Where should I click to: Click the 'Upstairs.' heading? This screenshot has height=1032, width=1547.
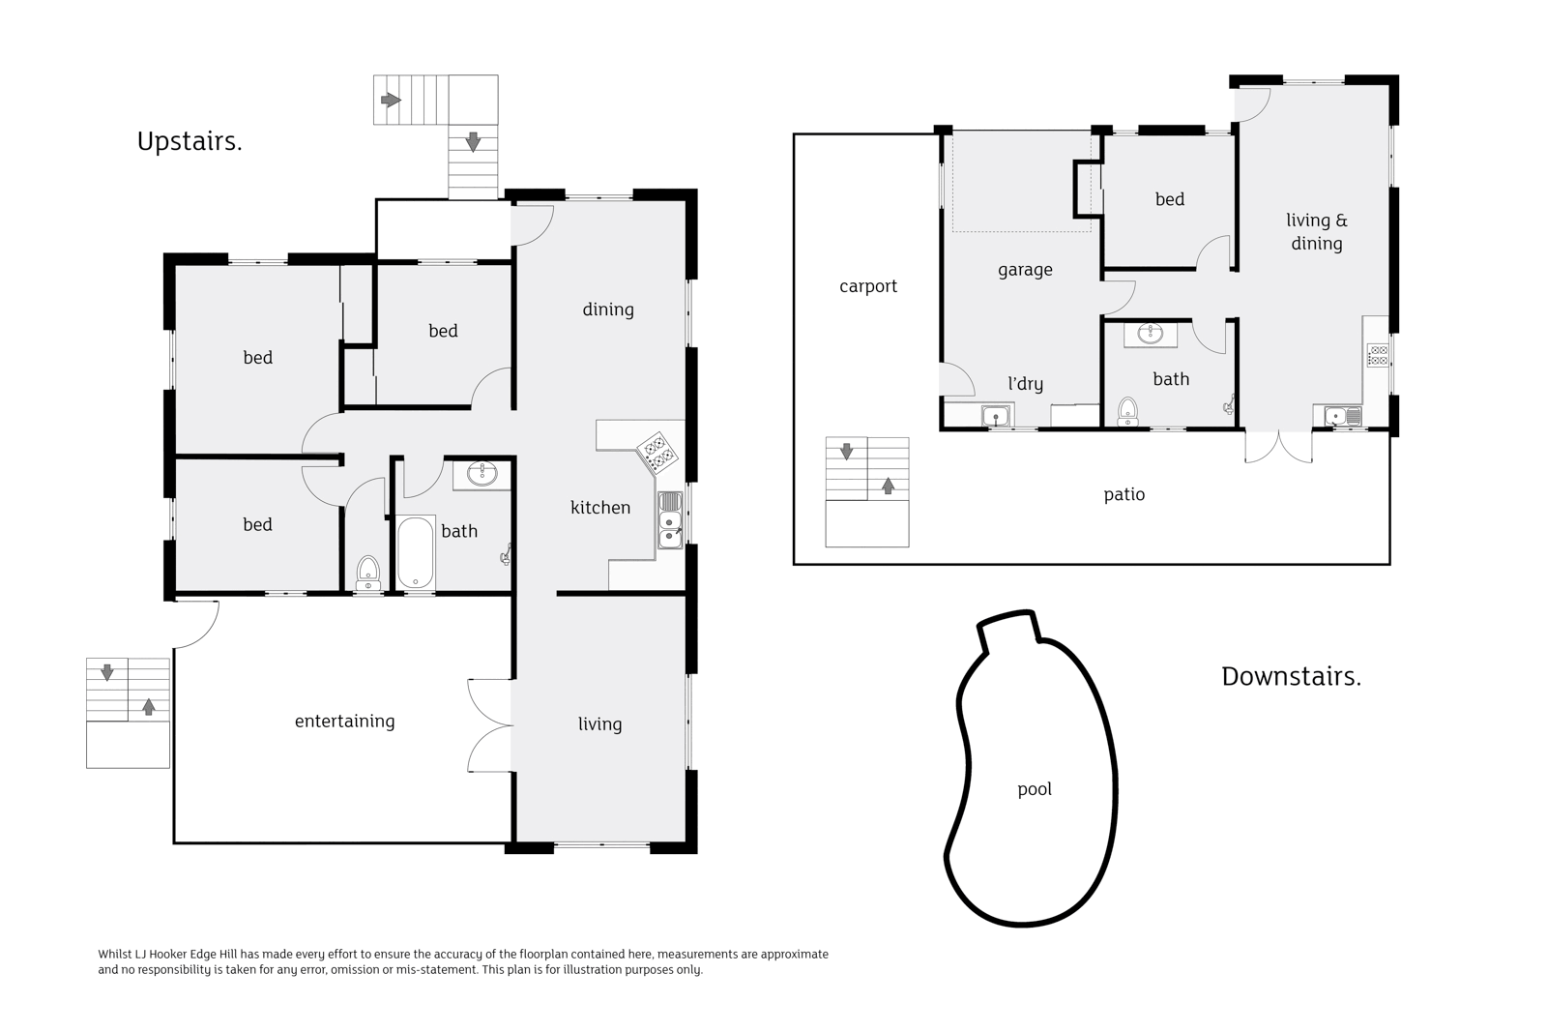coord(190,142)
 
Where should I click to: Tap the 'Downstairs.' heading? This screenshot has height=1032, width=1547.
coord(1291,676)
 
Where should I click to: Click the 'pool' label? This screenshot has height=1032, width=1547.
coord(1034,789)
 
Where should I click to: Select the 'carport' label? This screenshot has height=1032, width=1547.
coord(867,286)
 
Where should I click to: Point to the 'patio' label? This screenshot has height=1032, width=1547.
coord(1124,494)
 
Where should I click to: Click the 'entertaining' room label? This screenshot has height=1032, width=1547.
coord(344,721)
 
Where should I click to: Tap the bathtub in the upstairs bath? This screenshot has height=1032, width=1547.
coord(415,552)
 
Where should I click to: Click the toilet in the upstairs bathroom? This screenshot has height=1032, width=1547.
coord(367,573)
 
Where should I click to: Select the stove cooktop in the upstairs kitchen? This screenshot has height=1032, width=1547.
coord(657,452)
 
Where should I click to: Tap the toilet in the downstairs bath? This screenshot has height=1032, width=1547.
coord(1127,413)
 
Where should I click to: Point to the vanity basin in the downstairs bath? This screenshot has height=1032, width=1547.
coord(1150,335)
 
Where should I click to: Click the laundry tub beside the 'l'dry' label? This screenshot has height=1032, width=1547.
coord(996,417)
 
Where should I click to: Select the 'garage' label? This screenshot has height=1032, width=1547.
coord(1025,270)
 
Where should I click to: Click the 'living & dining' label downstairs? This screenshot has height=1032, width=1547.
coord(1316,232)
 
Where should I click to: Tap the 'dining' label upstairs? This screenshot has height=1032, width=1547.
coord(607,310)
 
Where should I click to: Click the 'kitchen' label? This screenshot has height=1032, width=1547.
coord(599,508)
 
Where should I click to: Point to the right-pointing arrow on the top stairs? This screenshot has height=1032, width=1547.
coord(391,100)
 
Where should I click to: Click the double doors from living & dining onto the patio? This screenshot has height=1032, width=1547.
coord(1278,446)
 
